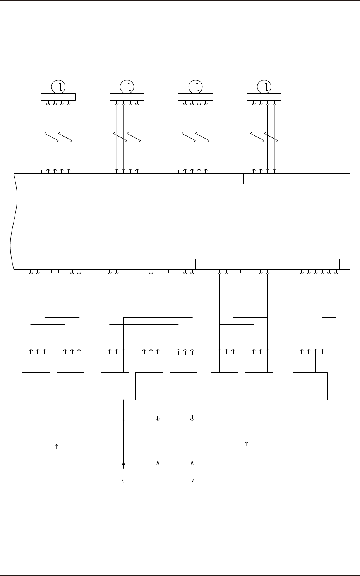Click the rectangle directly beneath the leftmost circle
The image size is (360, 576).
[x=58, y=97]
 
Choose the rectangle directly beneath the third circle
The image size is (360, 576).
[x=195, y=97]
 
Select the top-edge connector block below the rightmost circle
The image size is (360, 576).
[x=261, y=179]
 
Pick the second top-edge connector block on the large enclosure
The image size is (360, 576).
[x=123, y=179]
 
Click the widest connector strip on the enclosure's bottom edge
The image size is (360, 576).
[x=151, y=264]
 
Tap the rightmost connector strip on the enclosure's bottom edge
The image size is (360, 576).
[x=319, y=264]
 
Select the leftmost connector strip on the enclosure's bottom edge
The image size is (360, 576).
[x=56, y=264]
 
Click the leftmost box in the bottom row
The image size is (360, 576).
[x=36, y=386]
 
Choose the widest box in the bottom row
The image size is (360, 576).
[x=310, y=386]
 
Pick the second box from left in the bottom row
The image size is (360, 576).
[x=70, y=386]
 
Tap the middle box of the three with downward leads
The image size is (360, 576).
[x=149, y=386]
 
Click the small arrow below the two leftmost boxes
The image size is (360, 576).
[x=56, y=446]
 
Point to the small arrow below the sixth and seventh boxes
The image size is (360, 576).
[x=246, y=444]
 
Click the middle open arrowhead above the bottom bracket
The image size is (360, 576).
[x=158, y=462]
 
